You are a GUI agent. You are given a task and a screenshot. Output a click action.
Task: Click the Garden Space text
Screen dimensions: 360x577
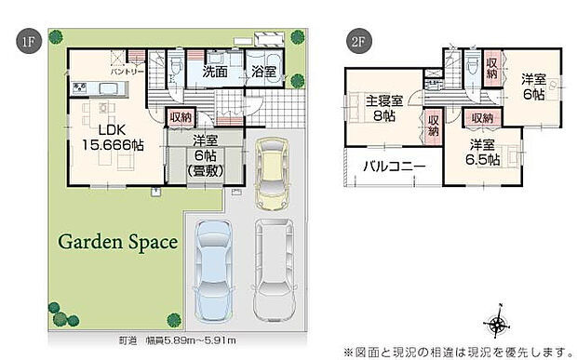(x=118, y=242)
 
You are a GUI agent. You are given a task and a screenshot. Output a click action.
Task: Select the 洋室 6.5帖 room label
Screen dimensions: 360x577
(x=483, y=153)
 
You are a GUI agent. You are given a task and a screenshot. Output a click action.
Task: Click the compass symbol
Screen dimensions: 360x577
(x=499, y=325)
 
